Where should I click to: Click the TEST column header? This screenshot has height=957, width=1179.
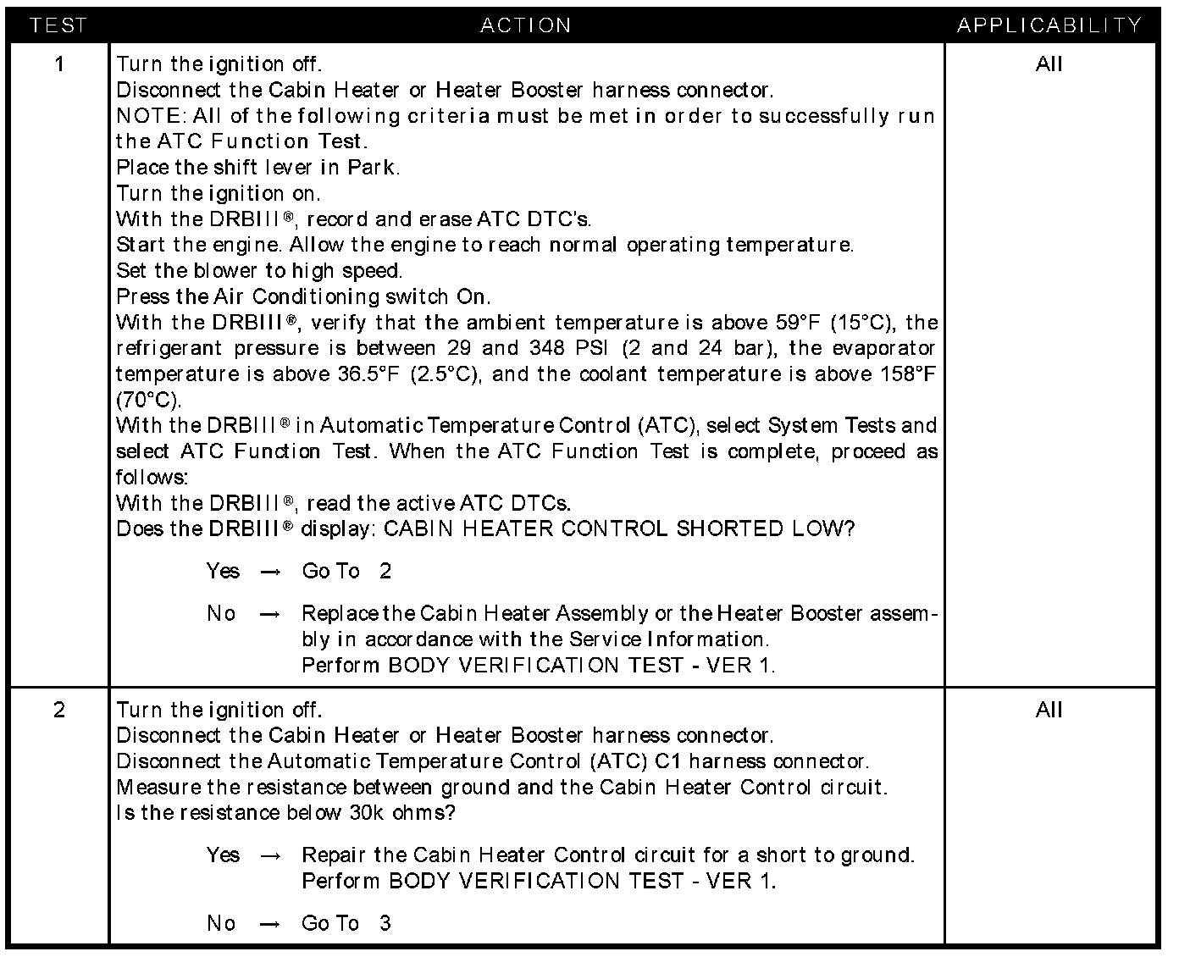[x=58, y=25]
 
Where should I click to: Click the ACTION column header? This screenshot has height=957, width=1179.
[x=525, y=25]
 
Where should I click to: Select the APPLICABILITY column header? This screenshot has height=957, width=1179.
[x=1049, y=25]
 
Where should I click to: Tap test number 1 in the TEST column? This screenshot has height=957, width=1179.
[x=59, y=64]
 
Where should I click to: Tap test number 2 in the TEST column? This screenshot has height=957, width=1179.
[x=59, y=710]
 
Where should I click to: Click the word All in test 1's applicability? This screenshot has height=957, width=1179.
[x=1049, y=64]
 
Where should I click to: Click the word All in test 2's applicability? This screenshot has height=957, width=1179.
[x=1049, y=710]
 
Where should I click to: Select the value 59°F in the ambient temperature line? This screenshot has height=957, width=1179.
[x=799, y=323]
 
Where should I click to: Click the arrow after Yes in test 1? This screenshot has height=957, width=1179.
[x=270, y=573]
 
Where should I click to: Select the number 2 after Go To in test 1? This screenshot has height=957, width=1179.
[x=385, y=572]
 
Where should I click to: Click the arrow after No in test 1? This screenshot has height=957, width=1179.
[x=270, y=615]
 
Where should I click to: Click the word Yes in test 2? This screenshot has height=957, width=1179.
[x=223, y=855]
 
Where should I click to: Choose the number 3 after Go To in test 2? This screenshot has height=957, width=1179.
[x=385, y=923]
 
